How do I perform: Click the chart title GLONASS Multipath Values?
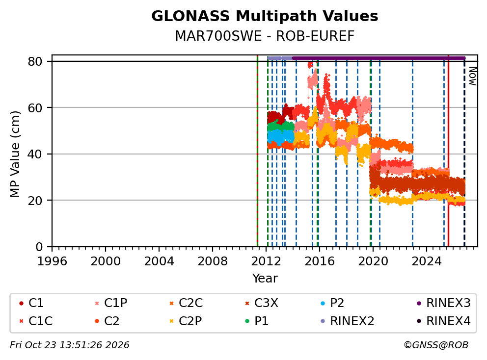coord(265,16)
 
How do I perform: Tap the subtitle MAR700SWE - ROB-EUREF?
coord(265,36)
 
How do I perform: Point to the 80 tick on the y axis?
coord(35,61)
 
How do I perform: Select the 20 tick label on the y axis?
coord(35,201)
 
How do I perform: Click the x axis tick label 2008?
coord(213,261)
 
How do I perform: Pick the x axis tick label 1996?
coord(52,261)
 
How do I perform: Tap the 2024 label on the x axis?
coord(427,261)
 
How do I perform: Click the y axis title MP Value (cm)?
coord(15,154)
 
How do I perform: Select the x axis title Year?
coord(265,279)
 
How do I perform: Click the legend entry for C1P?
coord(111,303)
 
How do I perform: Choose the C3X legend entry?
coord(262,303)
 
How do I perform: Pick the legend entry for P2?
coord(333,303)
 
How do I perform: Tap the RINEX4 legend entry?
coord(444,321)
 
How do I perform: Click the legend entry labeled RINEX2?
coord(348,321)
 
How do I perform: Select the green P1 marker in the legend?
coord(247,321)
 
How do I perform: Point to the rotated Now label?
coord(473,77)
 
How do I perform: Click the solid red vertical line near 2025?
coord(448,151)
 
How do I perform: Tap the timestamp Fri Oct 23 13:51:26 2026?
coord(70,345)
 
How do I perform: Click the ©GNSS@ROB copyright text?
coord(436,345)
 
